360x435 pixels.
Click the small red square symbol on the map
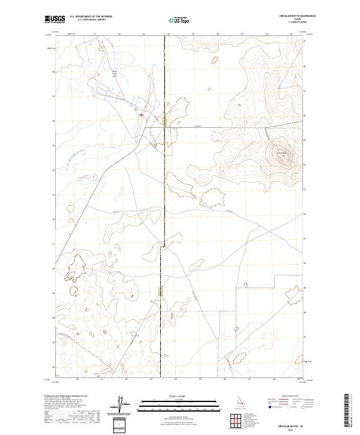[x=141, y=115]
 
